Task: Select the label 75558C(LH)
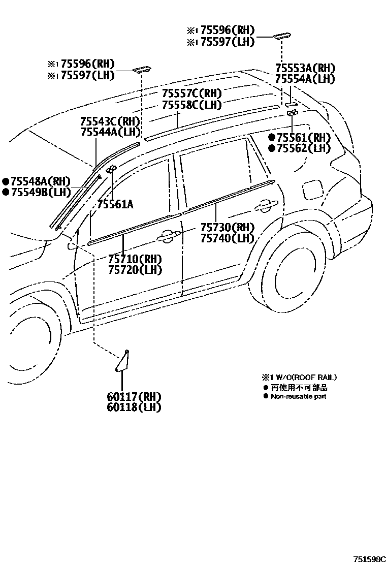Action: click(x=192, y=105)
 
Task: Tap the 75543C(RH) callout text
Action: click(x=110, y=121)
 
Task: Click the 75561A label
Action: click(x=115, y=204)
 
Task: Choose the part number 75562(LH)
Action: click(x=303, y=148)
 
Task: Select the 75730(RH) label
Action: click(x=227, y=227)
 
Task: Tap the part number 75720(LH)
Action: click(x=135, y=269)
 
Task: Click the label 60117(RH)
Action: click(x=134, y=396)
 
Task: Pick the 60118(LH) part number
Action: click(x=134, y=407)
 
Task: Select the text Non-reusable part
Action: click(x=298, y=396)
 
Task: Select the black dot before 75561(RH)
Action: click(x=272, y=138)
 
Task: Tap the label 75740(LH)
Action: click(x=227, y=238)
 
